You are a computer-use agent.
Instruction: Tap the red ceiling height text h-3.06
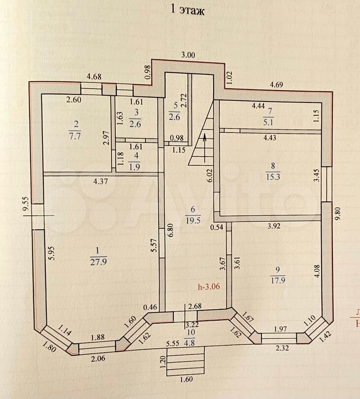(208, 286)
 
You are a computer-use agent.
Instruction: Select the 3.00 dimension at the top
(188, 55)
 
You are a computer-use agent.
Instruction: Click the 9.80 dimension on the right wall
(337, 212)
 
